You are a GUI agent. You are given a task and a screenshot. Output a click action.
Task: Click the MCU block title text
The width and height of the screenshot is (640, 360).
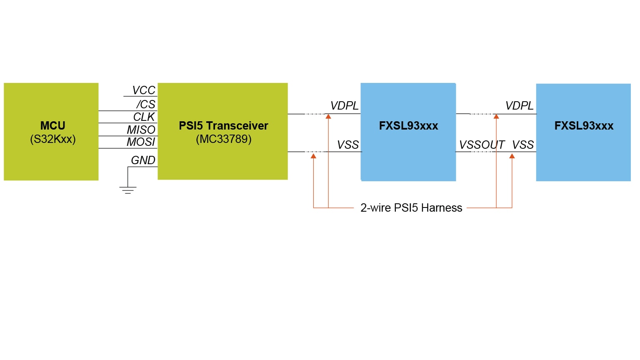tap(52, 125)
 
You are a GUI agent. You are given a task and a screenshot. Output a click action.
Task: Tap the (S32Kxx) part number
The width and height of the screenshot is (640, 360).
tap(52, 139)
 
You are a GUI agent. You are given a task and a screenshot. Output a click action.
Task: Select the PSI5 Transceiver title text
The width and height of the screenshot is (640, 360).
tap(223, 125)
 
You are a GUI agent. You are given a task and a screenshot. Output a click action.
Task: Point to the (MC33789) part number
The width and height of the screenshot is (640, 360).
tap(223, 139)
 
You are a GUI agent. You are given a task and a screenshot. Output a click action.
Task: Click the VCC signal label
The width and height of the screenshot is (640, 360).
tap(143, 90)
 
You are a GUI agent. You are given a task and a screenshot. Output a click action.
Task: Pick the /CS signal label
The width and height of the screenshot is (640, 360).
tap(146, 104)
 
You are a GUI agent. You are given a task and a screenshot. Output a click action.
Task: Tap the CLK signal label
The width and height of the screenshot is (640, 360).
tap(144, 117)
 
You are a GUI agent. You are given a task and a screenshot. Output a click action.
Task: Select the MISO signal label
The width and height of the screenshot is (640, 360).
tap(141, 130)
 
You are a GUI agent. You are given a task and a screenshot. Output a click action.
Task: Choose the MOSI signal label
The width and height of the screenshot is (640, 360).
tap(141, 142)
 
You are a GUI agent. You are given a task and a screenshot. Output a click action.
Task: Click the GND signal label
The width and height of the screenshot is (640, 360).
tap(143, 160)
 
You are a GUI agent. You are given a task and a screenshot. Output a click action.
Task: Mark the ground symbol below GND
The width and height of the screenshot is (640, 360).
tap(127, 190)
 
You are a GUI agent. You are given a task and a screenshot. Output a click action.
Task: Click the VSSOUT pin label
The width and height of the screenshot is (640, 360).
tap(482, 145)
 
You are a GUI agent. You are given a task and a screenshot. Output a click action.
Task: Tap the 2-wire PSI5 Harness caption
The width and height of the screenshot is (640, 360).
tap(411, 208)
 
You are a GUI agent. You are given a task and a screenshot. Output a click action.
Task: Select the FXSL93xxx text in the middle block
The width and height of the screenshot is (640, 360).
tap(408, 126)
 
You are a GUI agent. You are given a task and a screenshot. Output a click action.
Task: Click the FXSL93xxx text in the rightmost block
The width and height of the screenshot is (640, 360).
tap(584, 126)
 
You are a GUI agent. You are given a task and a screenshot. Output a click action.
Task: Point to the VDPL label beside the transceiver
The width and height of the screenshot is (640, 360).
tap(344, 106)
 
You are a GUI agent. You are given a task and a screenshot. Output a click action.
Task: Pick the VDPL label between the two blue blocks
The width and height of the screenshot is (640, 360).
tap(519, 106)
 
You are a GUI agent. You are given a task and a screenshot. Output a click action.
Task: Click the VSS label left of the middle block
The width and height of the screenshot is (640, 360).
tap(348, 145)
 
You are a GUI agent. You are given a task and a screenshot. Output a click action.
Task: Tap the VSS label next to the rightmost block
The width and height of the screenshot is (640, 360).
tap(523, 145)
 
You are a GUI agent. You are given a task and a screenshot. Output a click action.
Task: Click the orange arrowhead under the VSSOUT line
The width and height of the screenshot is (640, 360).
tap(512, 156)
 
